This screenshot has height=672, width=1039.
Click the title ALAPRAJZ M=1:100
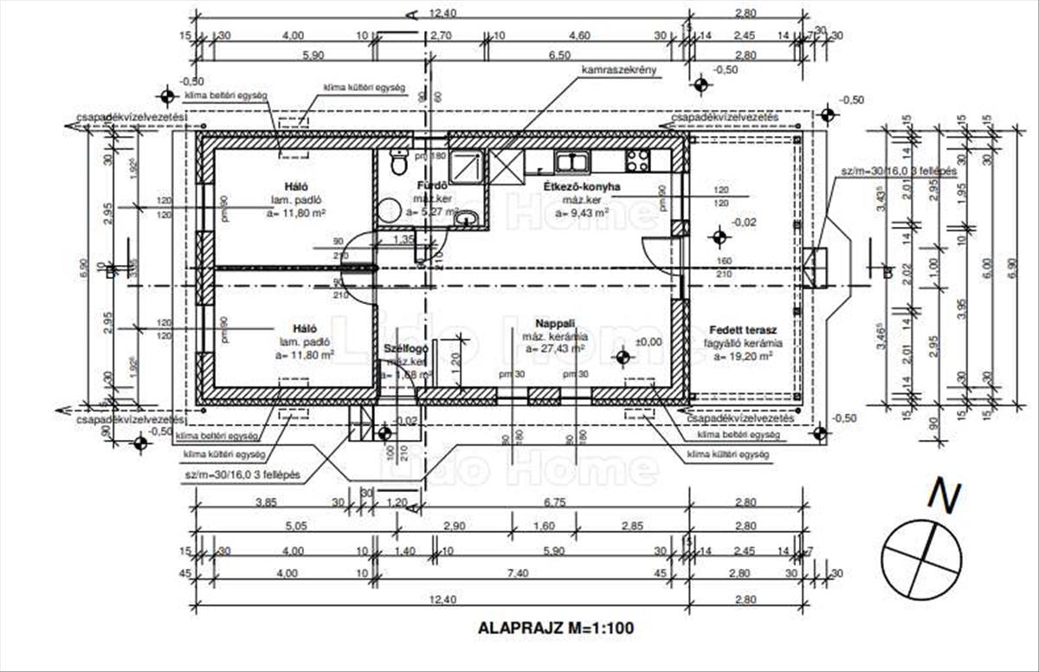pyautogui.click(x=556, y=629)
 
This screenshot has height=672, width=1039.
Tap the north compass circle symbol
pyautogui.click(x=921, y=560)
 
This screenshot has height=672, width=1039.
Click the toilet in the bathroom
pyautogui.click(x=399, y=161)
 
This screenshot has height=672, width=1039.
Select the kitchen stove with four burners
pyautogui.click(x=637, y=160)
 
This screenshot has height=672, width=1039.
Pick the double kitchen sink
pyautogui.click(x=572, y=160)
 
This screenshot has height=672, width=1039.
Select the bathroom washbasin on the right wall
pyautogui.click(x=466, y=216)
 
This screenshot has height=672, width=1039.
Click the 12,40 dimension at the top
pyautogui.click(x=442, y=13)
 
